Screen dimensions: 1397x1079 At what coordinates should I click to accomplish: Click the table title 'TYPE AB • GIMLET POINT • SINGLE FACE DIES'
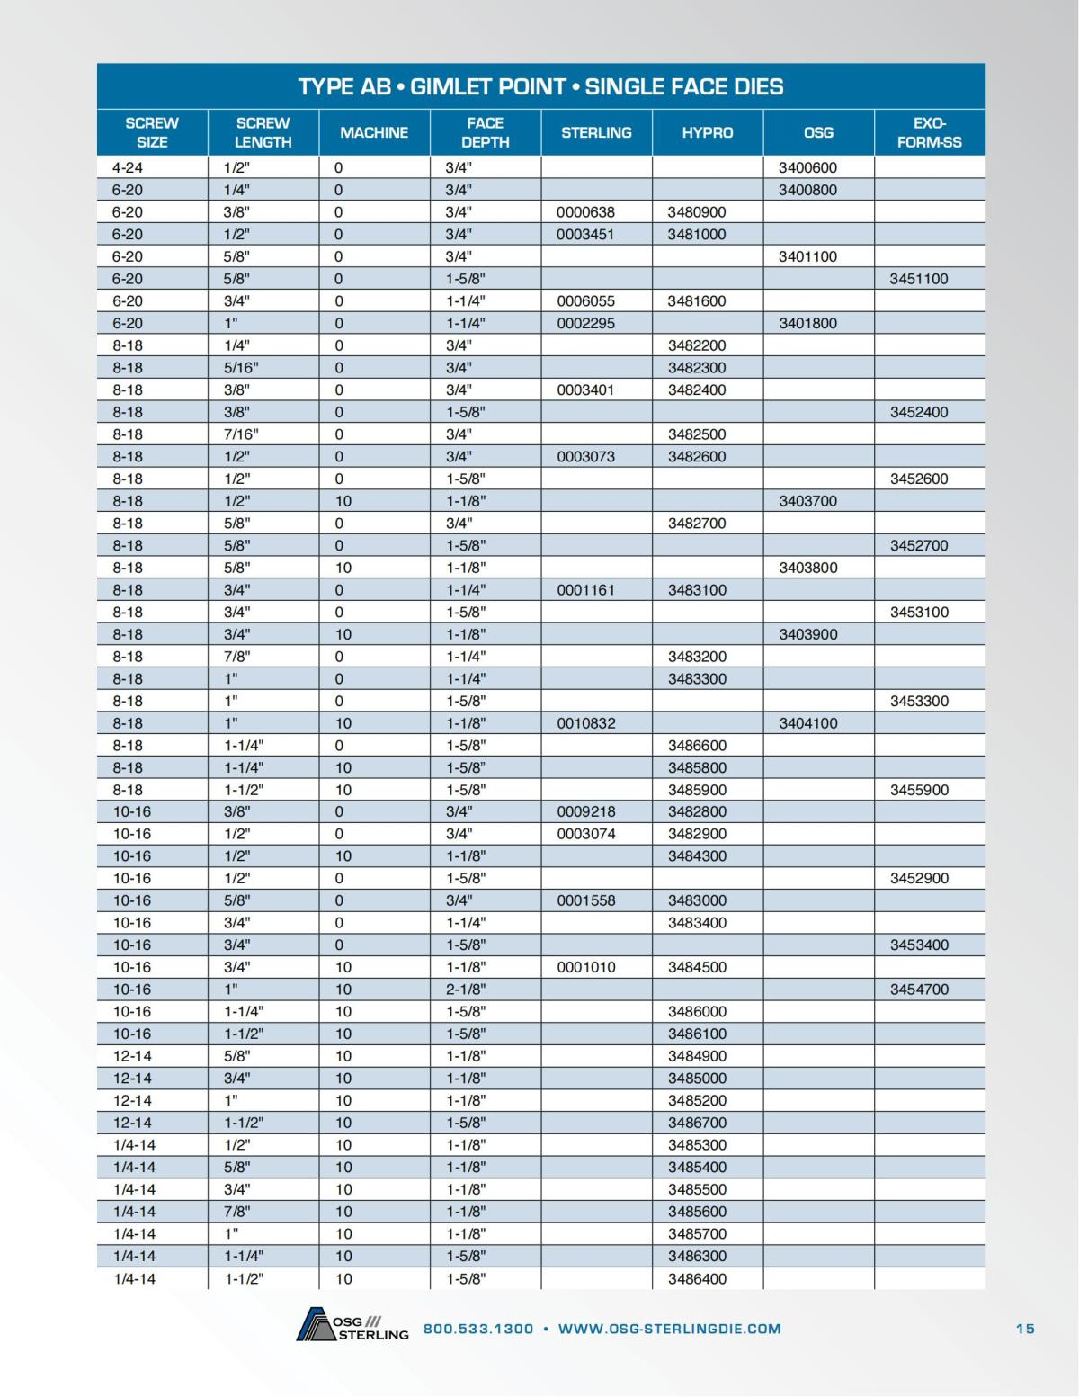click(540, 86)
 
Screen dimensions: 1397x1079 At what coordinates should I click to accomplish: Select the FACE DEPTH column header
click(485, 132)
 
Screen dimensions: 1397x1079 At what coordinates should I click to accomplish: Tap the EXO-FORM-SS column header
click(929, 132)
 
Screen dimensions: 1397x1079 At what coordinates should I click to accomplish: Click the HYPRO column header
click(707, 132)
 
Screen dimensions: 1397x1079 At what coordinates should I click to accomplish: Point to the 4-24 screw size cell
click(128, 167)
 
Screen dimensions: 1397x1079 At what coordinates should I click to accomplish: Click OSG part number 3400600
click(807, 167)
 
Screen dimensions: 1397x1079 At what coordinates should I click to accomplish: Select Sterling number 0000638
click(585, 212)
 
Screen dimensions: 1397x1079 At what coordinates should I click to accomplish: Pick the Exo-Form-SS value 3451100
click(919, 279)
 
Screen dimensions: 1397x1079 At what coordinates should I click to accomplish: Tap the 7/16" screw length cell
click(241, 434)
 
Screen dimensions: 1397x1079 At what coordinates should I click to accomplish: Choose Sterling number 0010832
click(585, 723)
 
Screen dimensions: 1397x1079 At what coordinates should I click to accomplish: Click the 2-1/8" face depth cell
click(466, 990)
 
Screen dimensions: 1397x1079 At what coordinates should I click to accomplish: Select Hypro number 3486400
click(697, 1278)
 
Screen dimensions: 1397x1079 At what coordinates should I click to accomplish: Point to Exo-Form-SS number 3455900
click(919, 790)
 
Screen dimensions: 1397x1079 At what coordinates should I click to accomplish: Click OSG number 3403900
click(807, 634)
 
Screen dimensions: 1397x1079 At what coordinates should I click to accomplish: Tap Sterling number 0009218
click(585, 811)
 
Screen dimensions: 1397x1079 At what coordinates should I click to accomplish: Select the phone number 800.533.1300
click(477, 1329)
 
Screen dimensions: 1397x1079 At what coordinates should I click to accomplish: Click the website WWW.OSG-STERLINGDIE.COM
click(669, 1329)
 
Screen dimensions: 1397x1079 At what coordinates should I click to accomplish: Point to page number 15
click(1025, 1329)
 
